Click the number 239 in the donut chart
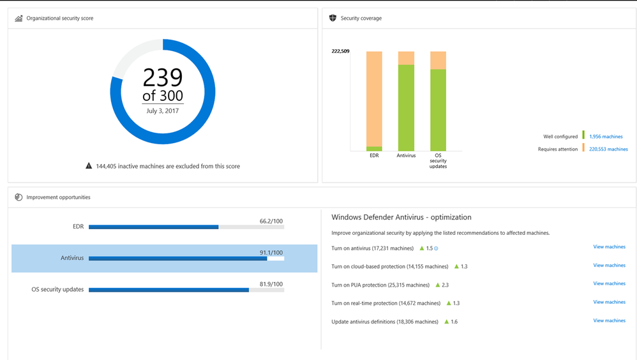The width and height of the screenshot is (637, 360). click(x=162, y=77)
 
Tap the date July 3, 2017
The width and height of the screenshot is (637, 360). click(x=162, y=111)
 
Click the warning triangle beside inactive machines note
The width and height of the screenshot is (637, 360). click(x=89, y=166)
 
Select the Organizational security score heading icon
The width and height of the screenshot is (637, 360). click(x=19, y=19)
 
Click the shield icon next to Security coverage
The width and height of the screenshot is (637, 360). click(x=333, y=18)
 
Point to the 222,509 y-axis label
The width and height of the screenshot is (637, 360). click(x=340, y=51)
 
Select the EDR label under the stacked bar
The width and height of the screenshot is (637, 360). click(x=374, y=155)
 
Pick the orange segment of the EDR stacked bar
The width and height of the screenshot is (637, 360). click(x=374, y=98)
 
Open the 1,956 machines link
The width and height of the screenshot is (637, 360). click(x=606, y=137)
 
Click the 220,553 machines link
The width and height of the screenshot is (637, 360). click(x=608, y=149)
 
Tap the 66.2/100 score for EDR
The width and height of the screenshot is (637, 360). click(x=271, y=221)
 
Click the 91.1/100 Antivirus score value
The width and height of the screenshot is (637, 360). click(x=271, y=253)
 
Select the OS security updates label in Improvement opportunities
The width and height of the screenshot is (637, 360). click(x=57, y=289)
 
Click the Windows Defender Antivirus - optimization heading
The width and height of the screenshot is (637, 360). click(x=401, y=217)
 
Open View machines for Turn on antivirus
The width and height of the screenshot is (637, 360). click(x=609, y=247)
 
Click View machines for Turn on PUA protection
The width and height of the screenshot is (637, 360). click(x=609, y=283)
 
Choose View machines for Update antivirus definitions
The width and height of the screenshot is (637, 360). click(x=609, y=320)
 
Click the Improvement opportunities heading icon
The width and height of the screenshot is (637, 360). click(x=19, y=197)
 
